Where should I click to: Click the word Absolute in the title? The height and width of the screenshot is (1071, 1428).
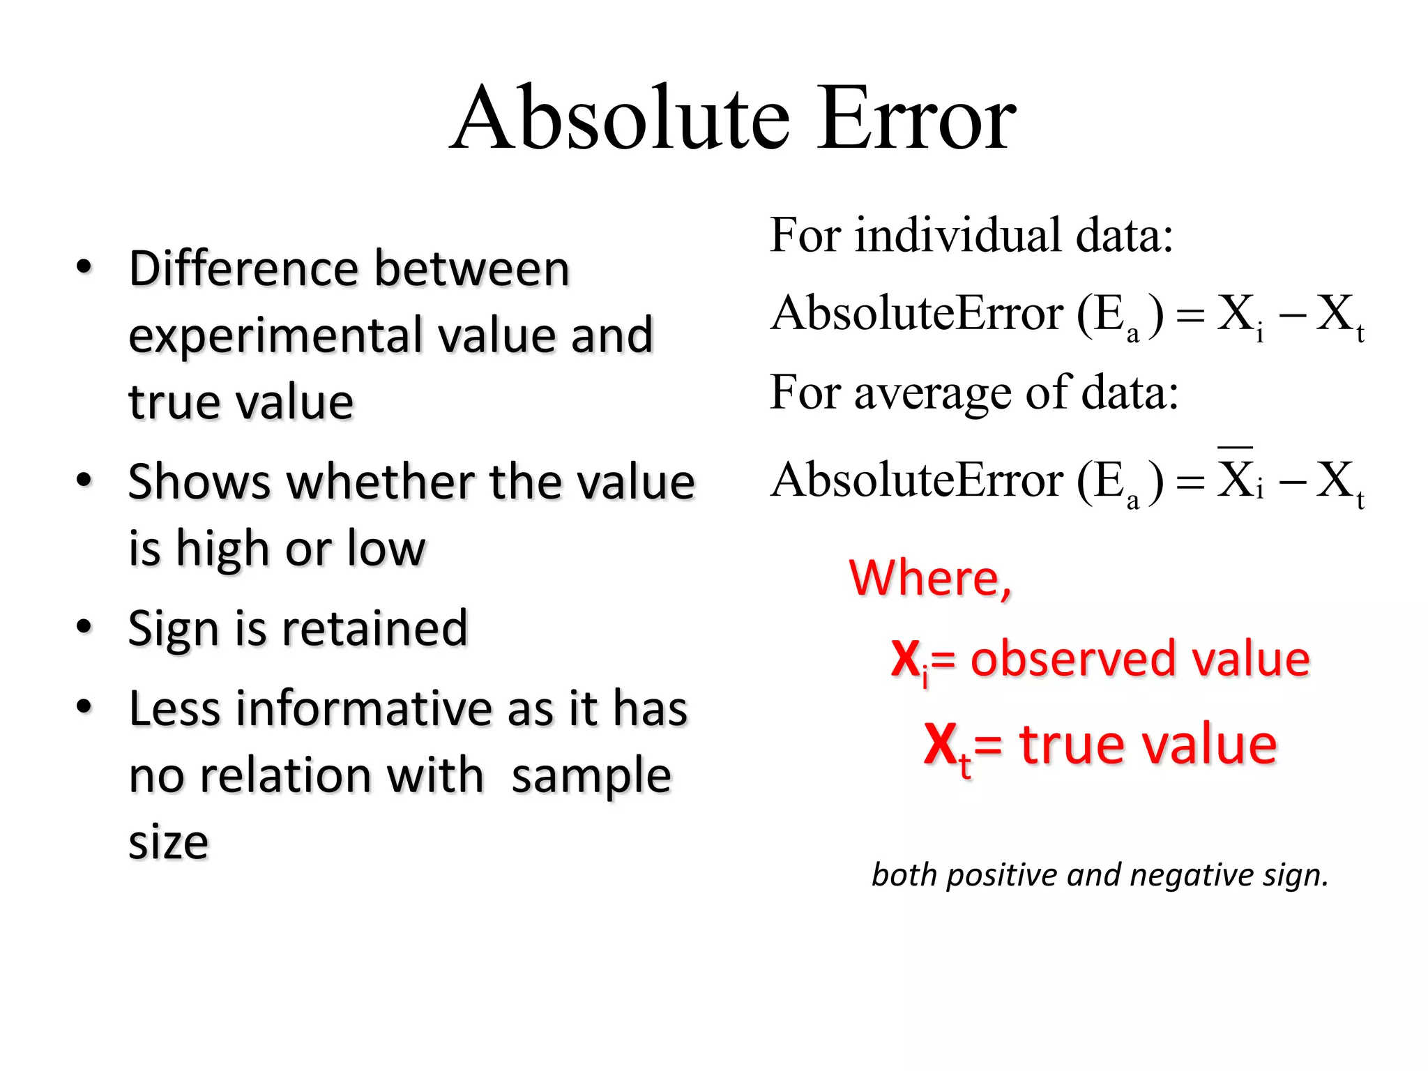point(621,119)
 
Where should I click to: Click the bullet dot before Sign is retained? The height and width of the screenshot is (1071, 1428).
point(84,626)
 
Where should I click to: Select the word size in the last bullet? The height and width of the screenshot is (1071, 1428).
point(168,842)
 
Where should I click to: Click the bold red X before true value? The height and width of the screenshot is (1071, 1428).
point(941,745)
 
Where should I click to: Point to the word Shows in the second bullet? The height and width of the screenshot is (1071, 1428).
point(199,483)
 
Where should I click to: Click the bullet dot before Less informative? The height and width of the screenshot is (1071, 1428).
point(84,707)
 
